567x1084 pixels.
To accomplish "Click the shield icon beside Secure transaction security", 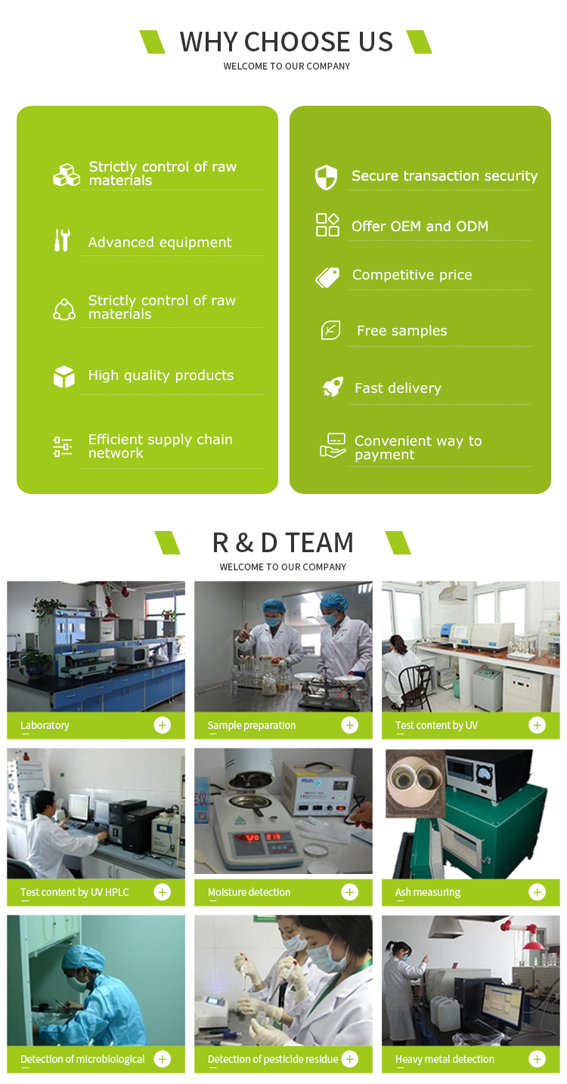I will [326, 178].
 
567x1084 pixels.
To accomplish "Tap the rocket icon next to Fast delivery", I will [333, 388].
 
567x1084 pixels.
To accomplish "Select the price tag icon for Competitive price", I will [327, 277].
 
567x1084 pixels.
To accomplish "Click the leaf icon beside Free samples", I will [330, 330].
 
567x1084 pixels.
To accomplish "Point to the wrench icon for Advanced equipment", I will [62, 240].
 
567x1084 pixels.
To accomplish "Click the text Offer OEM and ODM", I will [420, 226].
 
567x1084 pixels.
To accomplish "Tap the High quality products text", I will [160, 375].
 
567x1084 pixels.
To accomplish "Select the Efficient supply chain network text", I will [160, 446].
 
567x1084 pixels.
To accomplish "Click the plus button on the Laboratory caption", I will [162, 725].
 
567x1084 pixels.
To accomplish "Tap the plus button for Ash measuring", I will [537, 892].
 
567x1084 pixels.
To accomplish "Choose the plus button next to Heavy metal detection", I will [537, 1059].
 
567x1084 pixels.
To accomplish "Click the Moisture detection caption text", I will [249, 892].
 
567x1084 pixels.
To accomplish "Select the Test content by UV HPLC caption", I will [75, 892].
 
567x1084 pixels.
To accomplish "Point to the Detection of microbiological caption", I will [82, 1059].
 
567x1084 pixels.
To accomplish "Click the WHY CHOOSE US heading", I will [286, 42].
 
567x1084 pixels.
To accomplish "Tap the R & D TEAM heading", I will [283, 542].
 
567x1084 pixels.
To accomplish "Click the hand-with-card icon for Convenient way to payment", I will [333, 446].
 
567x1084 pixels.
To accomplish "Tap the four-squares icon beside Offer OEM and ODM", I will [327, 224].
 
